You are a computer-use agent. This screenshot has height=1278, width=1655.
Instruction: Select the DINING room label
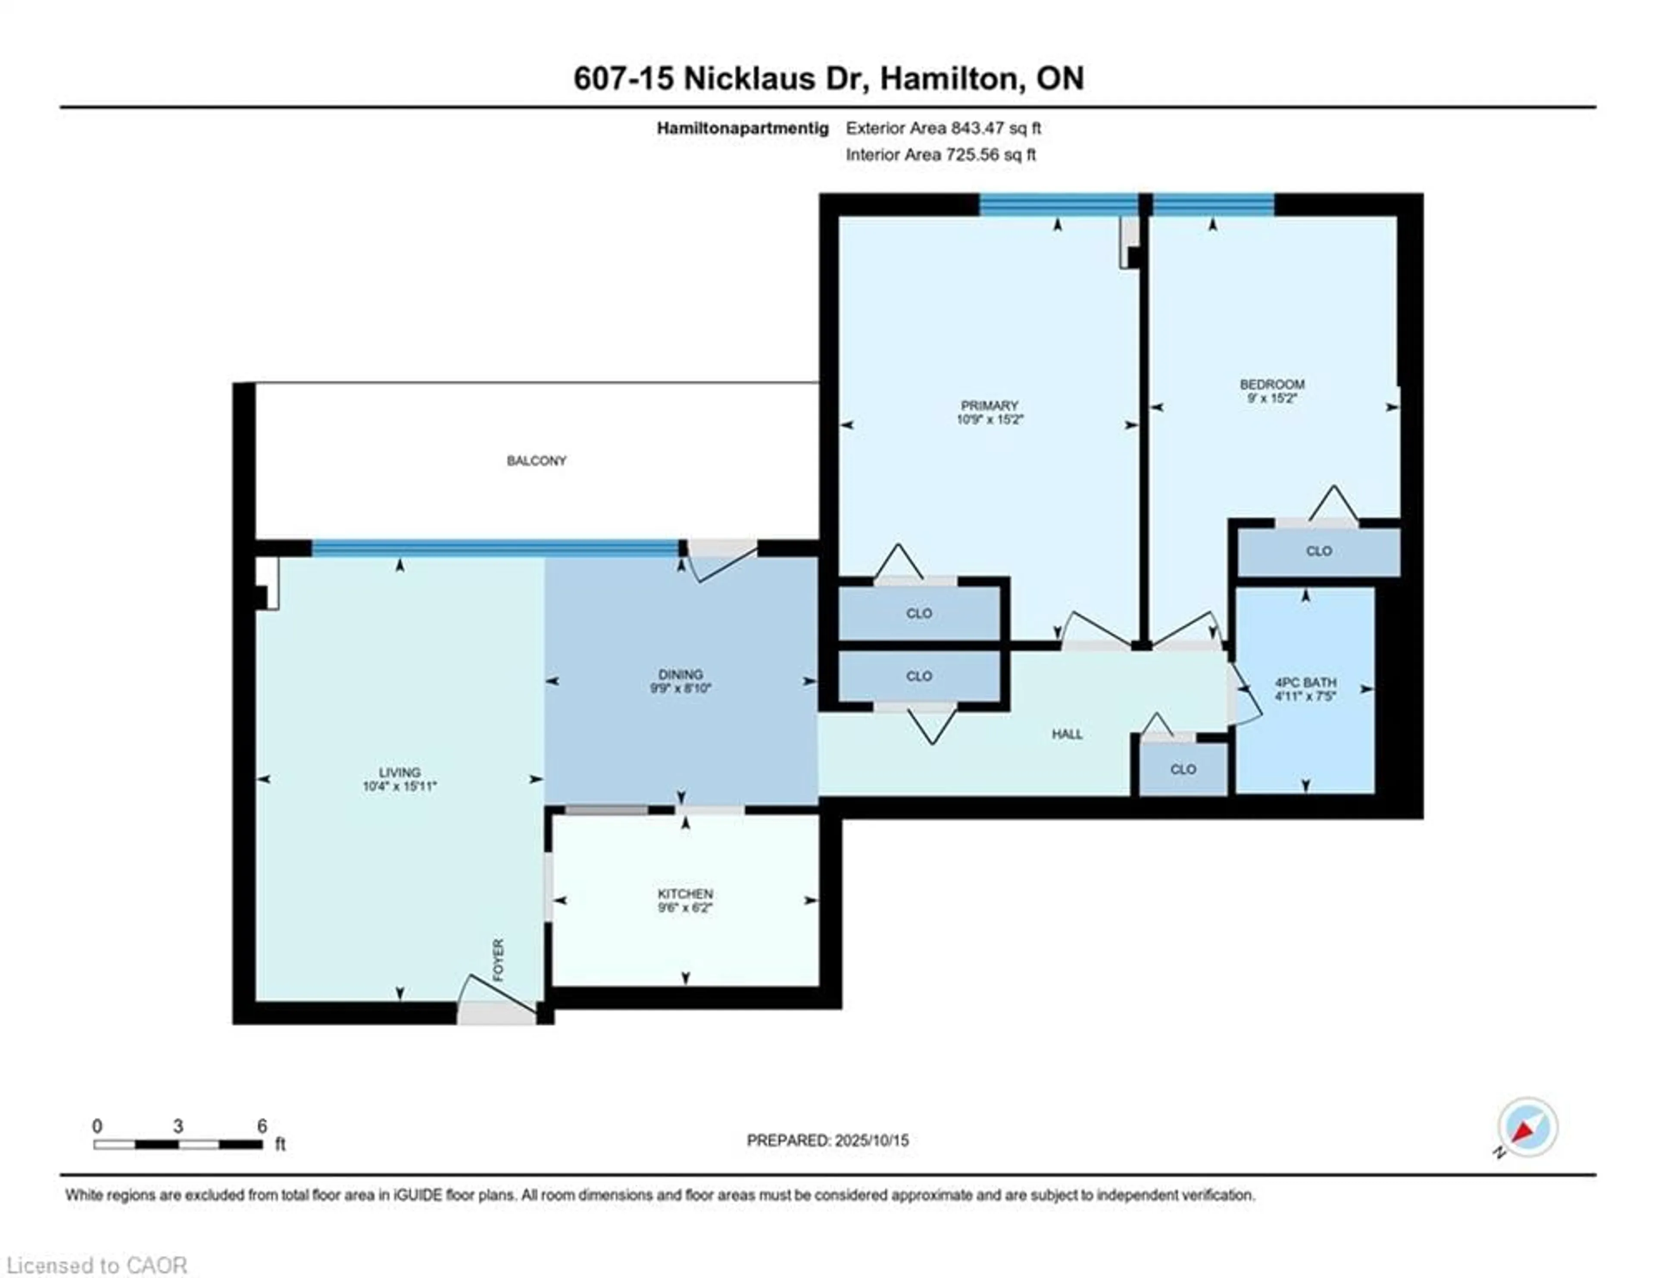click(x=680, y=674)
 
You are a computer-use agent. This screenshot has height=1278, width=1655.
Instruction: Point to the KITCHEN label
click(x=685, y=894)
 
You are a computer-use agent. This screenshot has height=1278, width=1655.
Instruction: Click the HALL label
click(x=1067, y=734)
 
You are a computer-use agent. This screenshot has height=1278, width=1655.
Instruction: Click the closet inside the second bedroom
click(x=1318, y=551)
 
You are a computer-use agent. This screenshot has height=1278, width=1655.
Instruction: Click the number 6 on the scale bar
click(x=262, y=1126)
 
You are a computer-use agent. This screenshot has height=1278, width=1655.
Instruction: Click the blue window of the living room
click(x=495, y=547)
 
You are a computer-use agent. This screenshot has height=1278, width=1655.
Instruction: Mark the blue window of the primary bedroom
click(x=1058, y=205)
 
